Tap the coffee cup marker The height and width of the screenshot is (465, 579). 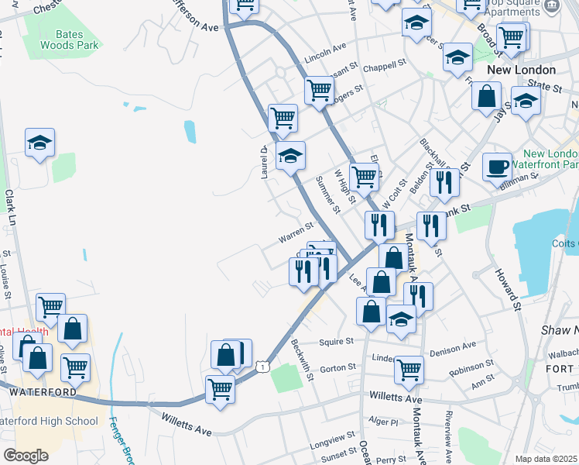(497, 167)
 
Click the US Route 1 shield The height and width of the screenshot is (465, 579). (265, 366)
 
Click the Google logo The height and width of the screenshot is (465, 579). (26, 456)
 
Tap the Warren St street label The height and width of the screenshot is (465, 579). (295, 231)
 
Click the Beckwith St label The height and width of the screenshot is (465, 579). (302, 357)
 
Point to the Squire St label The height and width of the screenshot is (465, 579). (337, 341)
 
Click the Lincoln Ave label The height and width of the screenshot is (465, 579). (325, 52)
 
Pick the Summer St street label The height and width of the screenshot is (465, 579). (327, 195)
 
